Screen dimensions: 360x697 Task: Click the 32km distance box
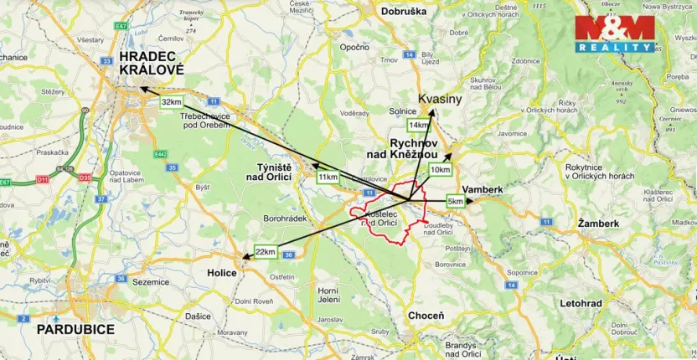[x=171, y=102]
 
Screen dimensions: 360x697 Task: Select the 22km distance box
[x=266, y=252]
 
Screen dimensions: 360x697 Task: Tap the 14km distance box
[x=418, y=126]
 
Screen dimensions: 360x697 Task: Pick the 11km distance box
[x=328, y=177]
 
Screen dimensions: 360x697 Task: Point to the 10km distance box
[x=440, y=170]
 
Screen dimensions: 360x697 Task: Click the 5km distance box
[x=455, y=202]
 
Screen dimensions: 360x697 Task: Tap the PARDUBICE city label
[x=75, y=330]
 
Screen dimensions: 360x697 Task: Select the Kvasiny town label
[x=441, y=99]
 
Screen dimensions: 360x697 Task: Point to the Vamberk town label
[x=483, y=190]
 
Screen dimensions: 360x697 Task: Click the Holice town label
[x=222, y=273]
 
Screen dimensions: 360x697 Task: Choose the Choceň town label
[x=426, y=316]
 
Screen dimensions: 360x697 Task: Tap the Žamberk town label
[x=598, y=224]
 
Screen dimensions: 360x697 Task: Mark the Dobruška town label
[x=403, y=12]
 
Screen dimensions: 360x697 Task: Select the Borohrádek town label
[x=286, y=218]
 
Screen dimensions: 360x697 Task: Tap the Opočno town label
[x=355, y=47]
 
